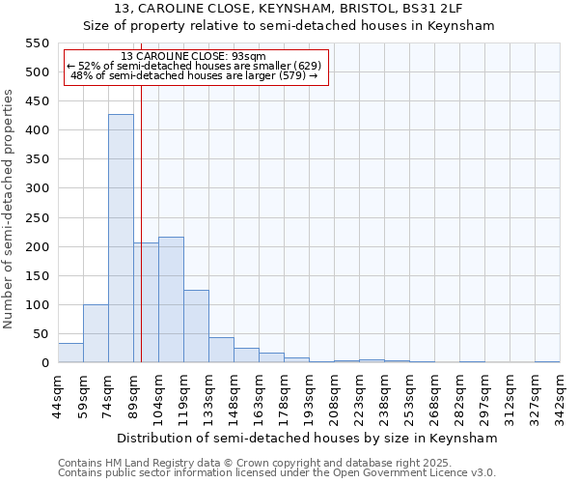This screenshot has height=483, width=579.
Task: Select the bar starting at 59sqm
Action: [x=96, y=333]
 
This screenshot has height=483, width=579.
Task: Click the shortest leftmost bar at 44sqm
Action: [x=70, y=354]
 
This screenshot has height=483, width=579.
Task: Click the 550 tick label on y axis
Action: [x=37, y=43]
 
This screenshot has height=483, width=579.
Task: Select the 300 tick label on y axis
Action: [x=37, y=188]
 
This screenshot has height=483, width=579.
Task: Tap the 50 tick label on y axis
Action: [x=41, y=334]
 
